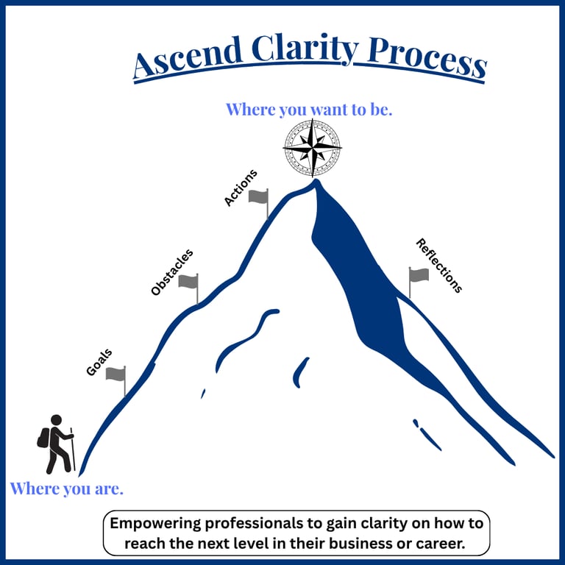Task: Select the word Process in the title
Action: pyautogui.click(x=427, y=57)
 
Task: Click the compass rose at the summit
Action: pyautogui.click(x=312, y=147)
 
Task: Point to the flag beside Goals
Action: pyautogui.click(x=116, y=374)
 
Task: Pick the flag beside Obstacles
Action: pyautogui.click(x=188, y=281)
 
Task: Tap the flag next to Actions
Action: pyautogui.click(x=258, y=196)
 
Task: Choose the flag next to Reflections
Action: pyautogui.click(x=419, y=275)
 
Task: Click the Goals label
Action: pyautogui.click(x=99, y=363)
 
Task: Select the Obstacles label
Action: pyautogui.click(x=171, y=272)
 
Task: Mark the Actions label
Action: pyautogui.click(x=240, y=188)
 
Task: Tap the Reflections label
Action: pyautogui.click(x=439, y=266)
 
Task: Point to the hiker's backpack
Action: pyautogui.click(x=43, y=438)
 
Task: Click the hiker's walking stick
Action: pyautogui.click(x=73, y=449)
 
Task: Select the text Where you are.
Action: pyautogui.click(x=66, y=488)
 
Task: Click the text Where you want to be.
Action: pyautogui.click(x=309, y=110)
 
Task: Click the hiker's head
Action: pyautogui.click(x=56, y=420)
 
